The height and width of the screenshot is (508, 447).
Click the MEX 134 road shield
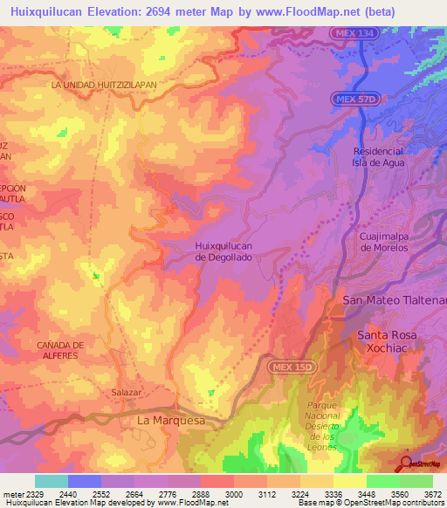point(354,33)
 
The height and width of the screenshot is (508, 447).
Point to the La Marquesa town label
point(171,420)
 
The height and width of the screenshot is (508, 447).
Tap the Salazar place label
point(126,393)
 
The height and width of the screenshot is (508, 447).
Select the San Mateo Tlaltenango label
point(395,300)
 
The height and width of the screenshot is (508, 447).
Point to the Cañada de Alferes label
point(60,350)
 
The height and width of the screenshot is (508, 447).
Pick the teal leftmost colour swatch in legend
point(51,481)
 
